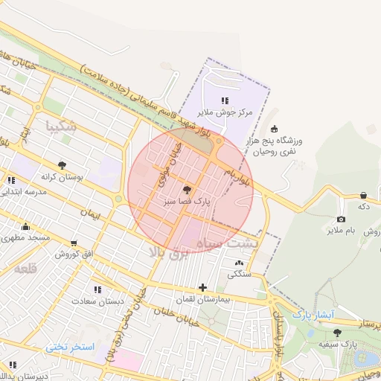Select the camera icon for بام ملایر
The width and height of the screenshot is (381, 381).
[x=341, y=219]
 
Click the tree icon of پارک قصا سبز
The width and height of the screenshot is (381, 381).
[x=186, y=189]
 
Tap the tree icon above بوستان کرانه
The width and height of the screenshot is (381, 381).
[x=62, y=165]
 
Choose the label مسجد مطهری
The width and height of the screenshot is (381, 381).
[x=26, y=238]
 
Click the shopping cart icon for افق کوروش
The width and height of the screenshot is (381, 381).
[x=74, y=243]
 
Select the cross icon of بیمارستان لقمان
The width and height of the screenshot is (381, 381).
[x=202, y=287]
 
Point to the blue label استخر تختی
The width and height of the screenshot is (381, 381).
[x=71, y=346]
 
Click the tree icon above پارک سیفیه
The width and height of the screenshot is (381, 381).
[x=337, y=333]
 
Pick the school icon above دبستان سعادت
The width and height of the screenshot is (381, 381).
[x=97, y=289]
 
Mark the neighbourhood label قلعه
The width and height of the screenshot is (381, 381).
[x=25, y=268]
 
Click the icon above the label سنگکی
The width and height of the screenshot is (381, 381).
[x=239, y=263]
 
